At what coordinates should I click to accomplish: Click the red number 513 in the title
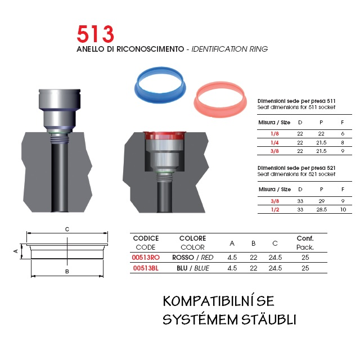point(95,34)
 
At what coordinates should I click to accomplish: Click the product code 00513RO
point(146,258)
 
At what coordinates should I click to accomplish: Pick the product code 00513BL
point(146,268)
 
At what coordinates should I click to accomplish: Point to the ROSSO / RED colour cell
point(192,258)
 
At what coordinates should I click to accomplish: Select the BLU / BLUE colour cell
point(193,268)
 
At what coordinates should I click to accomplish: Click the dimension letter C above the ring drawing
point(67,229)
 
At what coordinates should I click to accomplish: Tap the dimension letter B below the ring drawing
point(67,271)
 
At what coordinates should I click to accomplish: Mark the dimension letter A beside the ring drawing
point(16,251)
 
